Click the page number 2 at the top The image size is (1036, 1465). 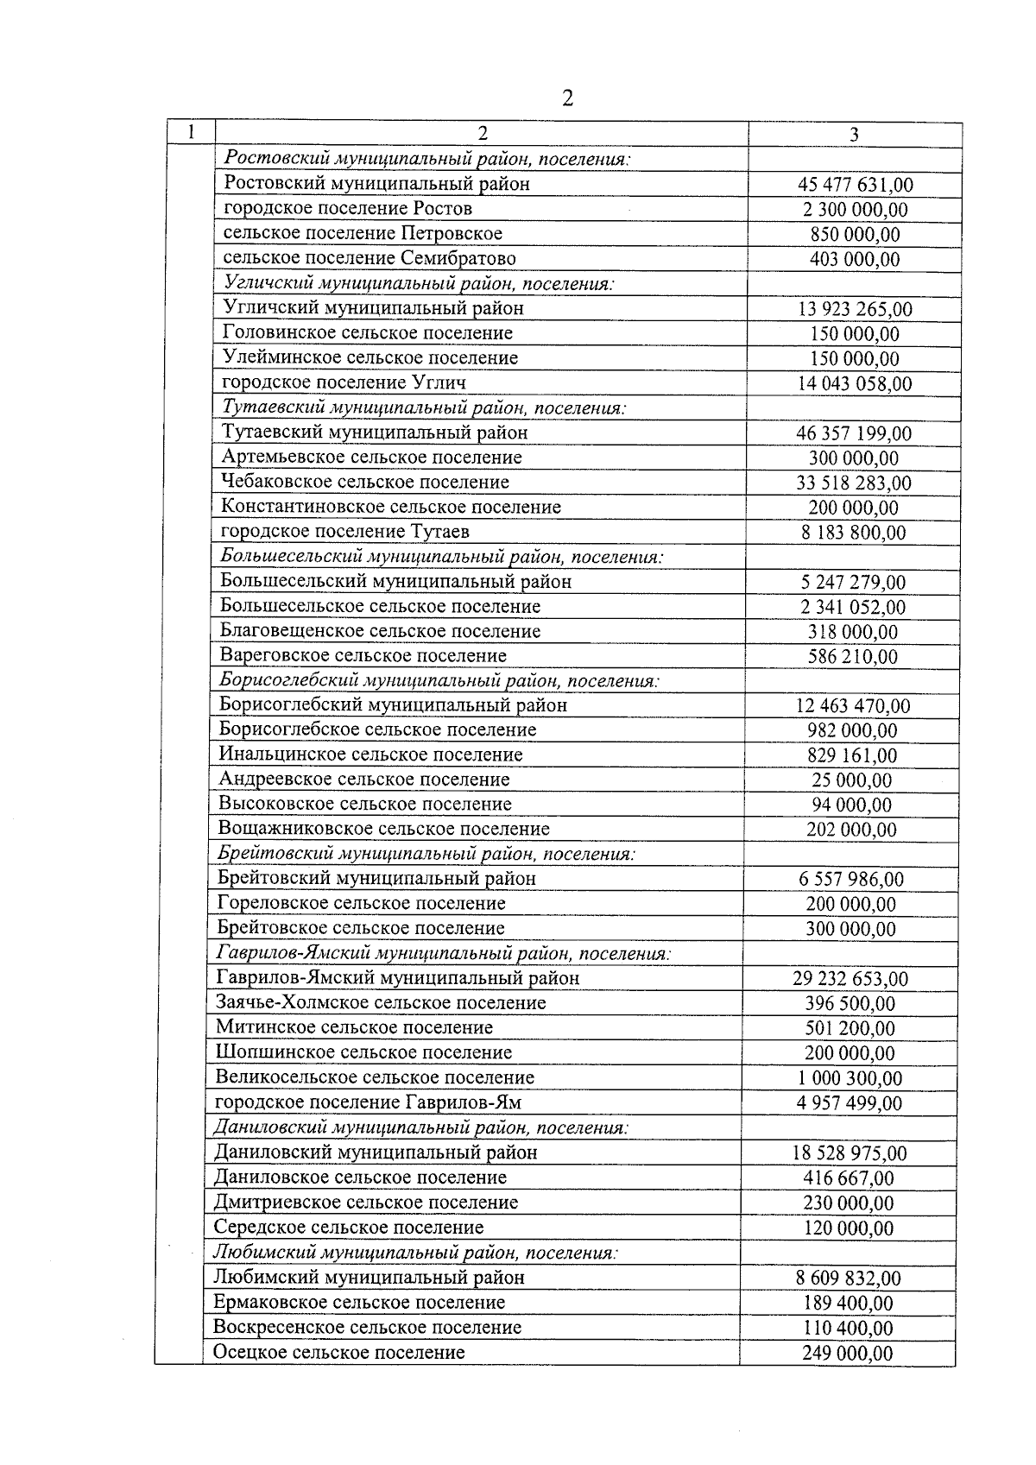click(x=567, y=98)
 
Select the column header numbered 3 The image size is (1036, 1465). click(x=854, y=134)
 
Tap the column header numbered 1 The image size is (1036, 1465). click(x=189, y=132)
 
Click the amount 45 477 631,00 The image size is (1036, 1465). click(x=855, y=185)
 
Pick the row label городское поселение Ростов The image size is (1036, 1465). click(x=348, y=208)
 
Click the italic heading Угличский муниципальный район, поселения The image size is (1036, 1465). click(x=419, y=283)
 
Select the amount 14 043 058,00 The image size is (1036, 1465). click(x=854, y=384)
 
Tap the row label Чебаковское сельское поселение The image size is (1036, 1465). click(x=365, y=482)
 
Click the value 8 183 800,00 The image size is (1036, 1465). click(x=853, y=533)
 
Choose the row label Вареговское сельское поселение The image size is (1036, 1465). click(x=363, y=656)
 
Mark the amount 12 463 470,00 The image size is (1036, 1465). click(x=852, y=706)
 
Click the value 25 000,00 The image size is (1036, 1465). click(x=851, y=780)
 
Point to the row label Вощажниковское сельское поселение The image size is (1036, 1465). click(x=383, y=830)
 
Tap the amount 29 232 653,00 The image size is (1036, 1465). click(x=850, y=979)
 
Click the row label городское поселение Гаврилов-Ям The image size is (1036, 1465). click(x=368, y=1102)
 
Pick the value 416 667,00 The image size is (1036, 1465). click(x=849, y=1178)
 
